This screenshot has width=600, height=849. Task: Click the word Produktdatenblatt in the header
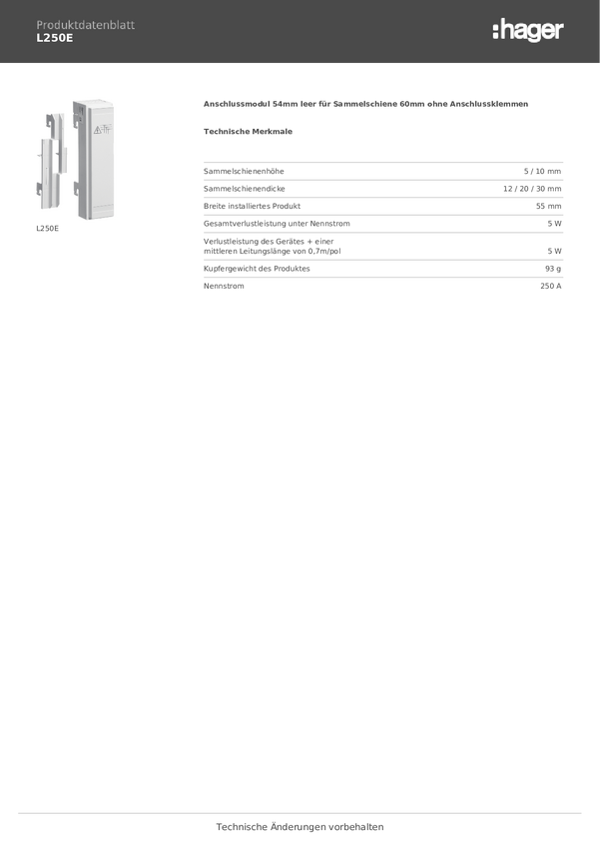pos(85,25)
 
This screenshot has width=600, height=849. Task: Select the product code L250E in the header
pos(55,38)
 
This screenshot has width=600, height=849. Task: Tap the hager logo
pos(528,31)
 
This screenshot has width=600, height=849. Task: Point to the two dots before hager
pos(495,32)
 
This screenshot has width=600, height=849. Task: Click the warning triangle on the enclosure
pos(100,130)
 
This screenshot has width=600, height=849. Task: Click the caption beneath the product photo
pos(48,229)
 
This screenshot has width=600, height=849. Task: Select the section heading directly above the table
pos(248,131)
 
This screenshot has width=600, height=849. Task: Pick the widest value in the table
pos(532,188)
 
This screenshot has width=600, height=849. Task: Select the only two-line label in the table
pos(273,247)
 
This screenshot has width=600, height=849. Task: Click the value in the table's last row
pos(551,286)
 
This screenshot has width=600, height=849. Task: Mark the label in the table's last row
pos(224,286)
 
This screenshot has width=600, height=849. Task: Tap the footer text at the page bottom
pos(300,827)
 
